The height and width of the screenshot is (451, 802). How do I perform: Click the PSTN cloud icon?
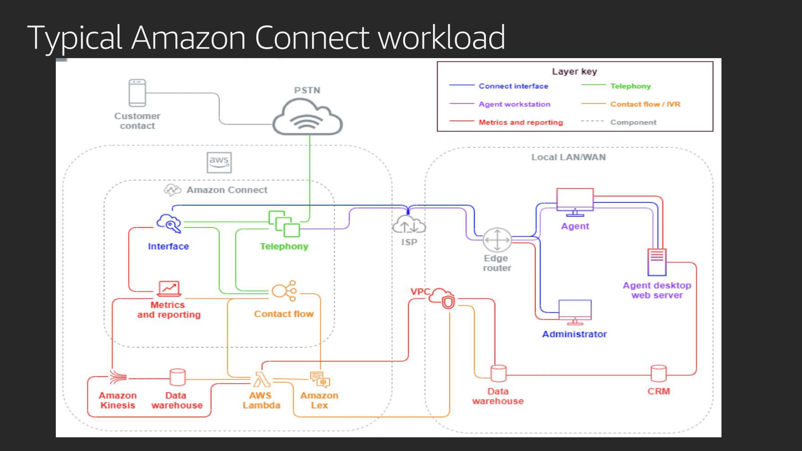307,118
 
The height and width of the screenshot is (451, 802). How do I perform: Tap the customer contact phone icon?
137,93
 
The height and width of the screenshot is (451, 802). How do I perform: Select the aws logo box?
219,163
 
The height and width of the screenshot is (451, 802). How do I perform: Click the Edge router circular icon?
497,240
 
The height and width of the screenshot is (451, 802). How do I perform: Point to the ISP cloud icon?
409,224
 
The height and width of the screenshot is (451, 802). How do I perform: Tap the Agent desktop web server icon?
657,262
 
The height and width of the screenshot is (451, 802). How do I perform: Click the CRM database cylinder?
659,373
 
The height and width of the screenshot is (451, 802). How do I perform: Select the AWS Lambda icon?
262,379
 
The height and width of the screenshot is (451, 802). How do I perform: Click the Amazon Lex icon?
320,380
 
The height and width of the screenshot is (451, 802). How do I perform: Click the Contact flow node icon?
284,291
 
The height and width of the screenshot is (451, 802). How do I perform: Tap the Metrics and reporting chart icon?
169,289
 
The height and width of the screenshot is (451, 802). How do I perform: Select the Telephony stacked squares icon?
284,223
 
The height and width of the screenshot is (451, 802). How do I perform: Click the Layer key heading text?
574,71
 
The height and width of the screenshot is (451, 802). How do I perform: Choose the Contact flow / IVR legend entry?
645,104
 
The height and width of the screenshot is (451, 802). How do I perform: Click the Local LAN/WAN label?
568,157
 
